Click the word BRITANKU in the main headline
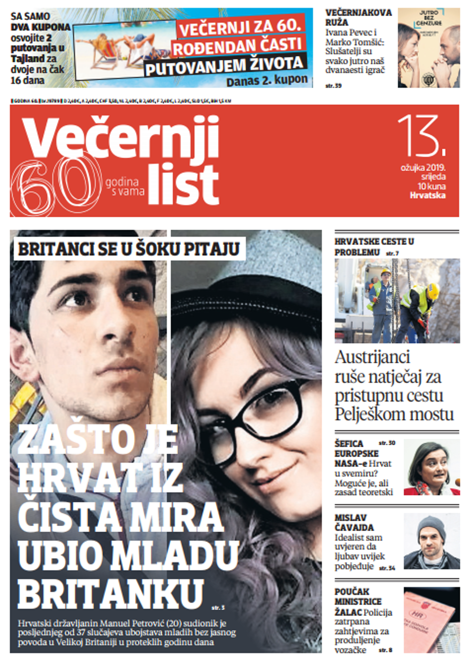tap(110, 593)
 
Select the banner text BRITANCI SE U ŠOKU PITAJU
tap(128, 249)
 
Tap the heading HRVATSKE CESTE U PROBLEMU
tap(374, 247)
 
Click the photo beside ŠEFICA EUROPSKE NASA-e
tap(431, 467)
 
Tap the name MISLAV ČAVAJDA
tap(354, 522)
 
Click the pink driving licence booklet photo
tap(430, 620)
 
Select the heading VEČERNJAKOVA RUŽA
tap(358, 17)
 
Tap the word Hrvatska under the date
tap(427, 195)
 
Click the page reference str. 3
tap(218, 608)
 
